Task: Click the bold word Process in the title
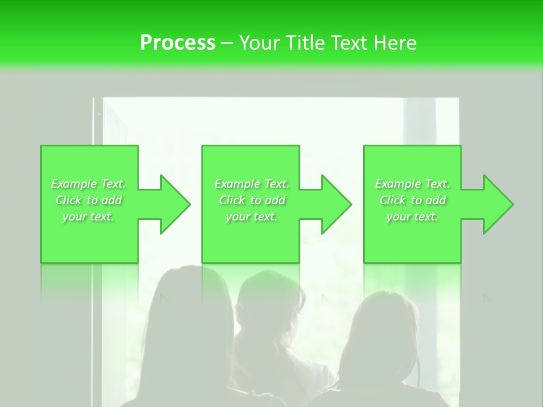point(178,43)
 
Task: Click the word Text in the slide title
point(348,43)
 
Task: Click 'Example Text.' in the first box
point(88,184)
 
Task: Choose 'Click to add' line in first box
point(88,200)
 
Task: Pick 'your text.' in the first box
point(88,217)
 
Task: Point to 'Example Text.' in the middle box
point(252,184)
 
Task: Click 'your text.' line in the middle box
point(252,217)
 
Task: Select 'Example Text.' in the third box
point(412,184)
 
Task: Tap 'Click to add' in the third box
point(412,200)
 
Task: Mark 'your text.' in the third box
point(412,217)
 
